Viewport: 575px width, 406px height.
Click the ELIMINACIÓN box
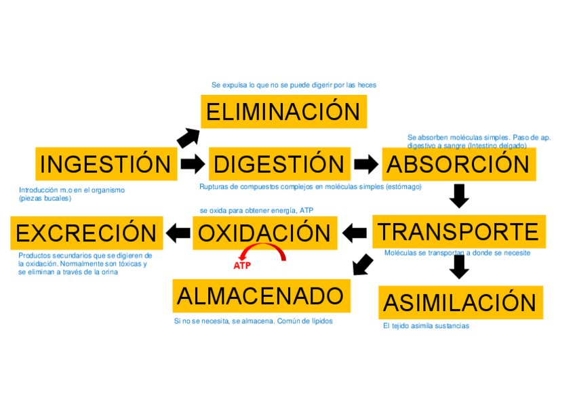[283, 112]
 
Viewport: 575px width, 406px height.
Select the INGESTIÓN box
[106, 164]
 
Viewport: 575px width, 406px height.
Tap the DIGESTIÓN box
[279, 164]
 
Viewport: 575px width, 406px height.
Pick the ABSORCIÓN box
[458, 164]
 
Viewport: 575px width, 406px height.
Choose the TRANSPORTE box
[458, 232]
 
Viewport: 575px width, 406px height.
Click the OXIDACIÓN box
[264, 233]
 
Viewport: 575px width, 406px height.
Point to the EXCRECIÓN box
[87, 233]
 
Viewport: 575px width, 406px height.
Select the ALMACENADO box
[261, 296]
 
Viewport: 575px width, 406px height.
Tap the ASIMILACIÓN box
[460, 302]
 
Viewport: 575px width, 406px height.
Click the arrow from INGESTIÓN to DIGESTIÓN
[193, 163]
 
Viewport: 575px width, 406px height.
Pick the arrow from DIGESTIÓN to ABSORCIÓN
[366, 164]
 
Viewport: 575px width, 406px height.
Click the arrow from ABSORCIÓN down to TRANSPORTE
[459, 195]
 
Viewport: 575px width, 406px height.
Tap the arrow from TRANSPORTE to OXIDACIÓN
[355, 233]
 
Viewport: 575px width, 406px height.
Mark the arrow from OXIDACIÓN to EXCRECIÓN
[178, 233]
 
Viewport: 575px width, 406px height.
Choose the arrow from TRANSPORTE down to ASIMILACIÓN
[459, 266]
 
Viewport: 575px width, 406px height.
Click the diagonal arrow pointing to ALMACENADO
[363, 264]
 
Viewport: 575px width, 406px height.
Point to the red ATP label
[242, 266]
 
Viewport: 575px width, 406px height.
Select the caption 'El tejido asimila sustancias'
[426, 326]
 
